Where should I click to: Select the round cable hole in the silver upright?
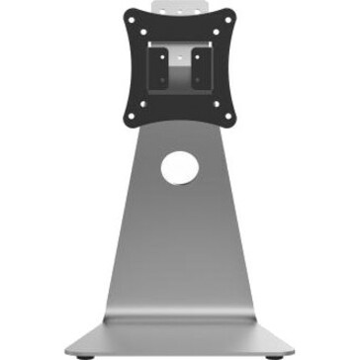tap(179, 166)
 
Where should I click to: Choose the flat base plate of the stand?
tap(179, 331)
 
